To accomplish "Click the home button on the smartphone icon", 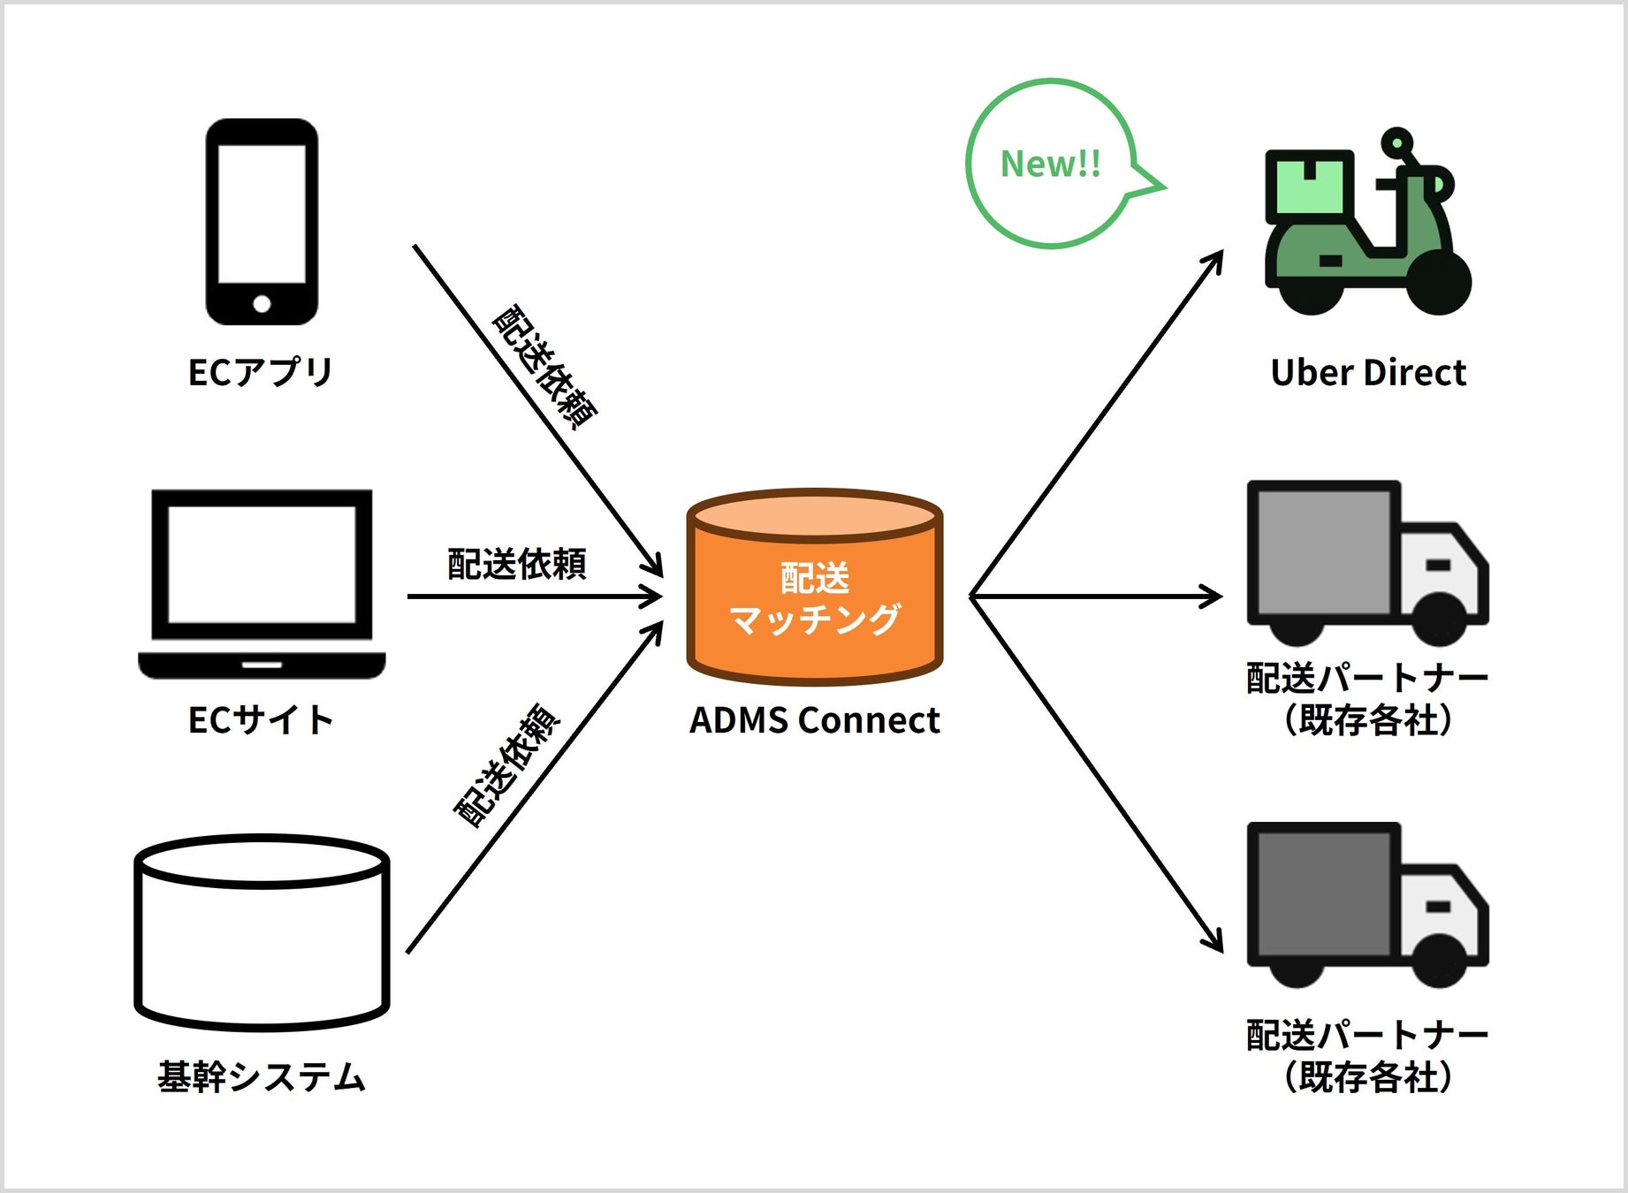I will pos(262,304).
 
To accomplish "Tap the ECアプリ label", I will pos(261,372).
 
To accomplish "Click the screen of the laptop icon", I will pos(262,564).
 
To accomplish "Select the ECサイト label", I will pos(261,720).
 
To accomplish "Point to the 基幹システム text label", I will pos(262,1077).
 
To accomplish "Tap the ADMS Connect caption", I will pos(814,720).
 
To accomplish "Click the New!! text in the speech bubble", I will pos(1050,164).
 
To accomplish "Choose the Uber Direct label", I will pos(1367,373).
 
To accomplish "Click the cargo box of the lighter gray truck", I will pos(1323,551).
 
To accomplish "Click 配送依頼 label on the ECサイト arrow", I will pos(517,564).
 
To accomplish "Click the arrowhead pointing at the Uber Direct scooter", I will pos(1217,257).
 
